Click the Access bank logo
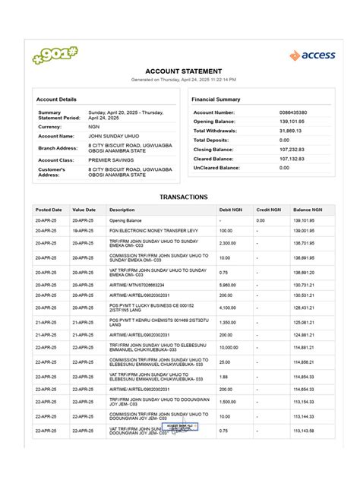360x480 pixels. pos(312,55)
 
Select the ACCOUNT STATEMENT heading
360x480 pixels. pos(183,71)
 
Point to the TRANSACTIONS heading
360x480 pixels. pos(183,197)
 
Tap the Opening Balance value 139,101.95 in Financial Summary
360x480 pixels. pos(292,122)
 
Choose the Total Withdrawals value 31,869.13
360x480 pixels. pos(291,131)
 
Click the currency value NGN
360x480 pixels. pos(94,127)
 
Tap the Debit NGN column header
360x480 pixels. pos(230,210)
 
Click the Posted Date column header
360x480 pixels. pos(49,210)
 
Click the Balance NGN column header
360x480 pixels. pos(308,210)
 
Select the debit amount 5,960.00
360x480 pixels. pos(228,284)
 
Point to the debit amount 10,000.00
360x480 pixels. pos(229,349)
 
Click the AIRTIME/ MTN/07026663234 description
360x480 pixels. pos(137,284)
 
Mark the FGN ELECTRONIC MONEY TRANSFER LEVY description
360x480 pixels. pos(148,230)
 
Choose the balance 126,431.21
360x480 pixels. pos(304,308)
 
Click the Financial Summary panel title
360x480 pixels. pos(216,99)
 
